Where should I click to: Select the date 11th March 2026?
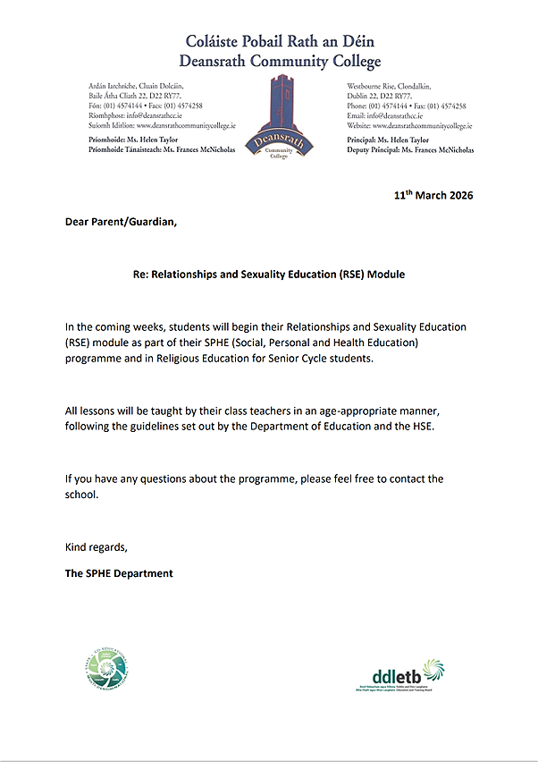click(x=433, y=195)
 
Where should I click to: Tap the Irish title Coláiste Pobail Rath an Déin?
click(x=281, y=41)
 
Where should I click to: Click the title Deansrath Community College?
click(x=280, y=62)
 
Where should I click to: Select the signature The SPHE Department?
click(x=119, y=573)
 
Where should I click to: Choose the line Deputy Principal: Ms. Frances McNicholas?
click(x=410, y=150)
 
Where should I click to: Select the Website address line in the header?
click(x=410, y=126)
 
